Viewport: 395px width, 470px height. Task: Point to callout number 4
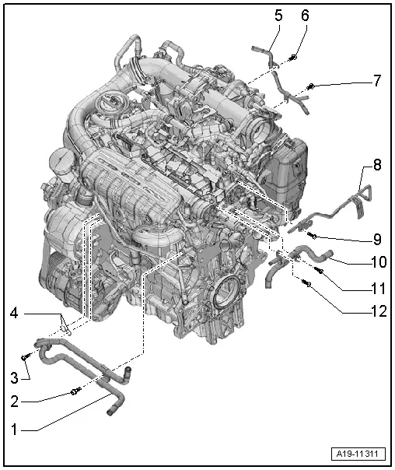(x=14, y=314)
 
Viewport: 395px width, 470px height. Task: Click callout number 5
(x=278, y=14)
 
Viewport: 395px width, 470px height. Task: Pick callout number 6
(x=304, y=15)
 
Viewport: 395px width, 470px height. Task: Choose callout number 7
(x=376, y=80)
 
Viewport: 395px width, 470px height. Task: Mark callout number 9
(x=376, y=239)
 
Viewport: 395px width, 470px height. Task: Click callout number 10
(x=378, y=264)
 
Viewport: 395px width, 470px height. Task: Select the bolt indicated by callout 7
(x=311, y=86)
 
